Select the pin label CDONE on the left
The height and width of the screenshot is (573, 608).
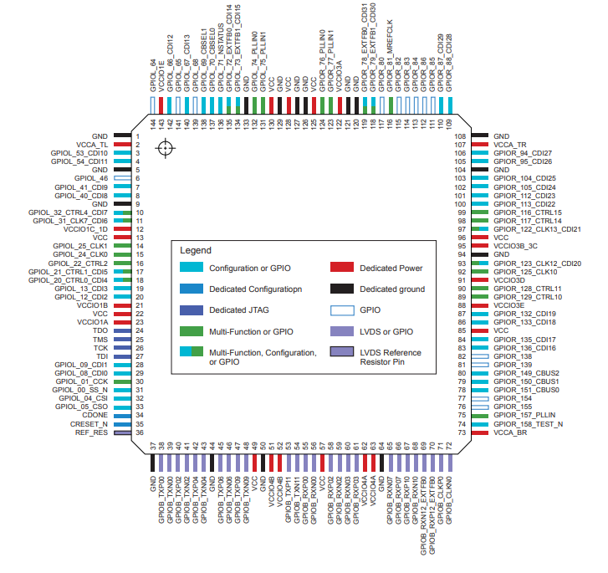(x=94, y=414)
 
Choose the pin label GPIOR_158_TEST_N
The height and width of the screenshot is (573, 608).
(x=528, y=424)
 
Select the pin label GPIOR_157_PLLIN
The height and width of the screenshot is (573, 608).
(x=524, y=415)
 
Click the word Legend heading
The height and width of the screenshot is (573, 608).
(x=196, y=250)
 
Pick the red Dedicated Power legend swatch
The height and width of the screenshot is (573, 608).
(x=343, y=269)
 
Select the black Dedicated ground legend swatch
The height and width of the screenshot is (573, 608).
(x=343, y=289)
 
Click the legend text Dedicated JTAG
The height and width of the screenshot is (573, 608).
(x=240, y=310)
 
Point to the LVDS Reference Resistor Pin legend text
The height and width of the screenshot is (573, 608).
(x=391, y=357)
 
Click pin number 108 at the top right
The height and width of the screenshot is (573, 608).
(x=483, y=136)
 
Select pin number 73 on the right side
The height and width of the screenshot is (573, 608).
(x=483, y=433)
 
